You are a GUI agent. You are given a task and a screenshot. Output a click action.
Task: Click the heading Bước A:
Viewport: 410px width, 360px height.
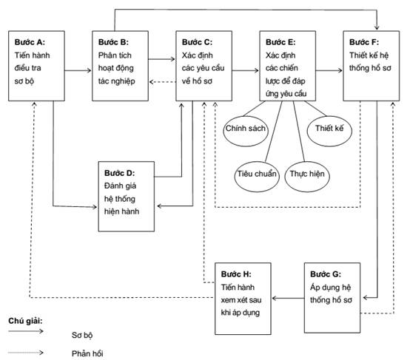30,42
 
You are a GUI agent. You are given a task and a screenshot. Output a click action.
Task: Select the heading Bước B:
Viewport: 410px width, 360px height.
113,42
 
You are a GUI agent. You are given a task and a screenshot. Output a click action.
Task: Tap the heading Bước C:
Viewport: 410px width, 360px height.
197,42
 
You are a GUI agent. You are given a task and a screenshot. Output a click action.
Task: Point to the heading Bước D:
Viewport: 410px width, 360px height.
119,173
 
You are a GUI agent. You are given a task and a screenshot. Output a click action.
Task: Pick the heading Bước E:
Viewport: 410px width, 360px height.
280,42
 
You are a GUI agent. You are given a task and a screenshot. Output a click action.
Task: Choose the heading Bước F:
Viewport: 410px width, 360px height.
364,42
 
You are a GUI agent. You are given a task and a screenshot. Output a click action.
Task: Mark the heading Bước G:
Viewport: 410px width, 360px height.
326,274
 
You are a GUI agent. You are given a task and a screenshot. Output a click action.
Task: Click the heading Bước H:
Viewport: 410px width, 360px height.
236,274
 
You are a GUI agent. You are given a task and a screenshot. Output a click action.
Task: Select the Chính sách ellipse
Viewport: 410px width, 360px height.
246,131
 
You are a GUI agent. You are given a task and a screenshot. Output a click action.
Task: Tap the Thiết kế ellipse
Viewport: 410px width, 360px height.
329,131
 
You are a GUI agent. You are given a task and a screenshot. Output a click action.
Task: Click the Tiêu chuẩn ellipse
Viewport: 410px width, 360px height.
257,177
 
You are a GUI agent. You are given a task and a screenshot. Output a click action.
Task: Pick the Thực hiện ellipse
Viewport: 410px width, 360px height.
307,177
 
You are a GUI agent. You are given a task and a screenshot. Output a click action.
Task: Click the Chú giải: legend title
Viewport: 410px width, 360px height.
25,321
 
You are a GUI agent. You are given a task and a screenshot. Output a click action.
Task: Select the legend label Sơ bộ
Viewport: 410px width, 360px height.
82,335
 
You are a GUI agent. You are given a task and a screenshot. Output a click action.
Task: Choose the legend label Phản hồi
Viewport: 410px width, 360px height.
87,354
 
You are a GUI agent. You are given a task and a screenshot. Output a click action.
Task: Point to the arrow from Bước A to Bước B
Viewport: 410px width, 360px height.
78,70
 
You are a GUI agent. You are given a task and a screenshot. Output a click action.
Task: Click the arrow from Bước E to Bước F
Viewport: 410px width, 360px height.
329,70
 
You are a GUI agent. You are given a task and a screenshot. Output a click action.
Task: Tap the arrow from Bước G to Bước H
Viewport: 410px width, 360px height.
288,298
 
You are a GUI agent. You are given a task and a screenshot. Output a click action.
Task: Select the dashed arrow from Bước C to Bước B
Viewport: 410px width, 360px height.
163,82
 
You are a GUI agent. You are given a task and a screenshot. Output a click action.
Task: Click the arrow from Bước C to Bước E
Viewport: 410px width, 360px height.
245,70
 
